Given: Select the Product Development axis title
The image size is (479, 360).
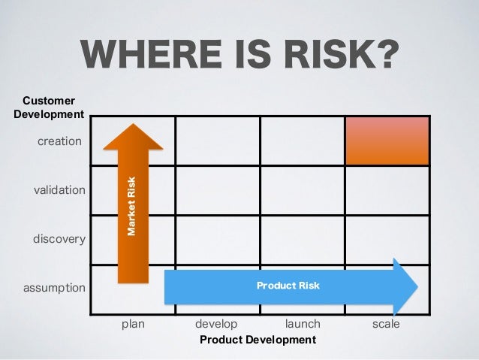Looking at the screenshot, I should click(x=258, y=340).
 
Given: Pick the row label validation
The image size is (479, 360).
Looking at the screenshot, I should click(x=59, y=190).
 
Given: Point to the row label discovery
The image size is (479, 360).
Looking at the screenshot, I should click(x=59, y=239).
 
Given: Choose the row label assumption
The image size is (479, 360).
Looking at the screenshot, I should click(x=53, y=288).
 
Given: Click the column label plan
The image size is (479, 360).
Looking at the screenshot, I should click(x=133, y=324).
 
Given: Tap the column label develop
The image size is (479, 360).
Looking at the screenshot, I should click(x=216, y=324).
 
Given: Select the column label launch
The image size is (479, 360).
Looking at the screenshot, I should click(x=303, y=324).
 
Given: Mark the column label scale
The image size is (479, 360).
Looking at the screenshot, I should click(x=386, y=324).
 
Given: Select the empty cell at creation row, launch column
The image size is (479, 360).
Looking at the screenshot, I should click(x=302, y=141).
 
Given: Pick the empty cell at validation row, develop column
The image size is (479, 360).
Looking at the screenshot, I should click(x=218, y=190).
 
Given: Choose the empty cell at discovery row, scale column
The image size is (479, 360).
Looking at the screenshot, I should click(x=387, y=239).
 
